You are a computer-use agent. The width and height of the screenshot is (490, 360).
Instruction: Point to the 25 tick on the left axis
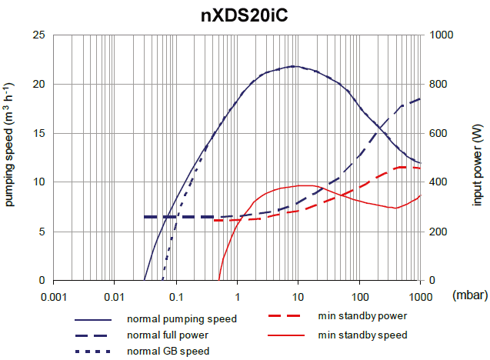point(38,35)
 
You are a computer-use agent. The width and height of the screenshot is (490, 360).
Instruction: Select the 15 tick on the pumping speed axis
point(38,133)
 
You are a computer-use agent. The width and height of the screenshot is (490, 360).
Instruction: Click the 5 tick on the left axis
point(41,232)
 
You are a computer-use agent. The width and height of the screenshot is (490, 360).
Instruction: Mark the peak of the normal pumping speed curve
point(295,66)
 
